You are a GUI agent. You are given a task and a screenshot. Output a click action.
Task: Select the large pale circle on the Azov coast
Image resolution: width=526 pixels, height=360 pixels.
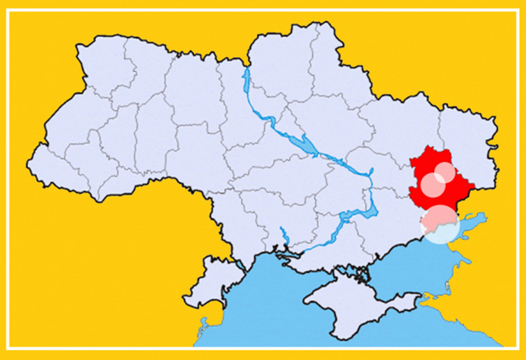coord(440,224)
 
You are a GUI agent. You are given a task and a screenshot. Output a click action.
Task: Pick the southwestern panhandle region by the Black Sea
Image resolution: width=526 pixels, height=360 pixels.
coord(209,268)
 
